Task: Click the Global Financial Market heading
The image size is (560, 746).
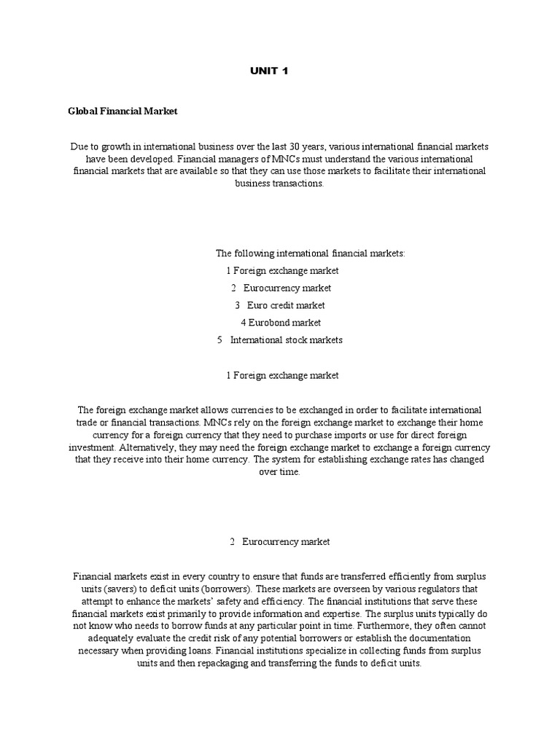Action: (122, 111)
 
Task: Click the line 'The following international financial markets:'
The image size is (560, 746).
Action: (309, 253)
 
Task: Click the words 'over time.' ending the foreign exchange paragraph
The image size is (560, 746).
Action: (279, 472)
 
